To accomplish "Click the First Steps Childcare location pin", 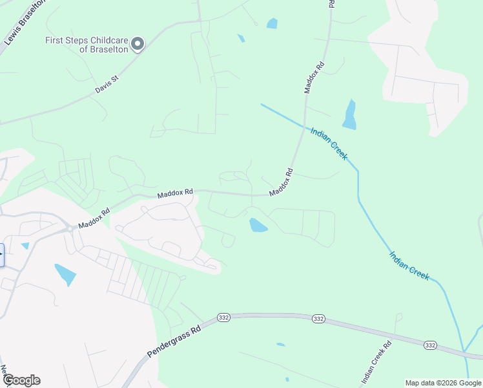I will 137,44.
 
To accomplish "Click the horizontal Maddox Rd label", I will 175,193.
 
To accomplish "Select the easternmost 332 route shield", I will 430,346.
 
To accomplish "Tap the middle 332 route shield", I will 318,319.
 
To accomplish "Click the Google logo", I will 21,380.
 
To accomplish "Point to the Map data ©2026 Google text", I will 443,383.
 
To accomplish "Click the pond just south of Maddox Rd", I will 258,225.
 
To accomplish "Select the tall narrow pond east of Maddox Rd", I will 349,114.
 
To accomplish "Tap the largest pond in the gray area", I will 65,274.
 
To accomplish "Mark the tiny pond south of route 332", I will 280,345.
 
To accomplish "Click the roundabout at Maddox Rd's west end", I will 68,228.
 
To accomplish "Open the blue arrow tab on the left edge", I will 2,255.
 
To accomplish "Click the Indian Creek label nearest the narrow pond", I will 329,143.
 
